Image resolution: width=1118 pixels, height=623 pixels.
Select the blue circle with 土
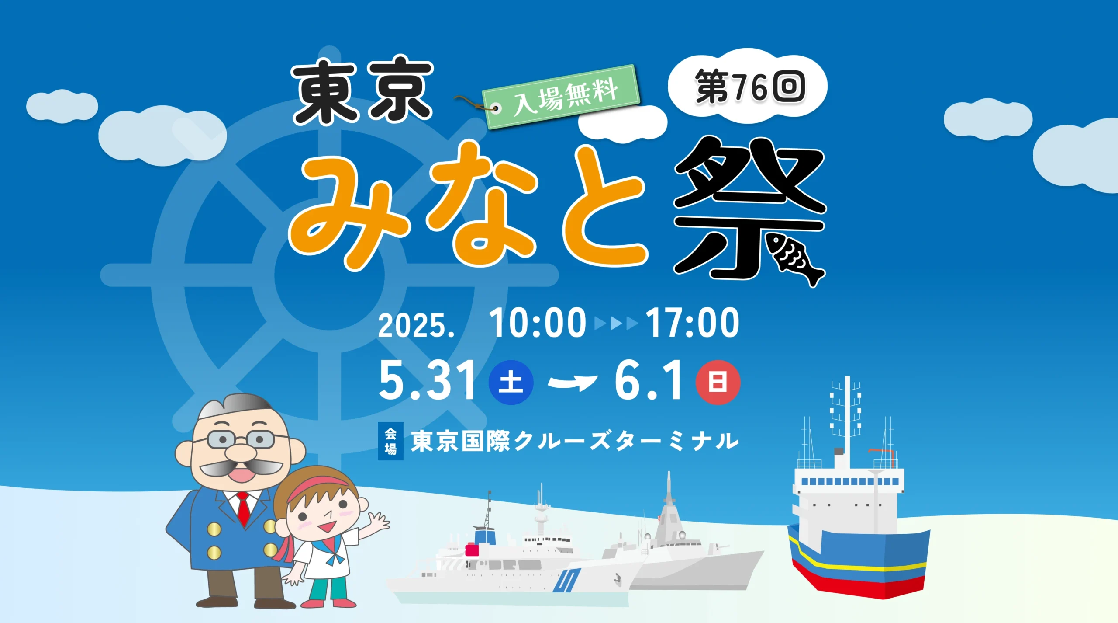point(511,382)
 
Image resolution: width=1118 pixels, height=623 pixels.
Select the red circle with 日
point(718,382)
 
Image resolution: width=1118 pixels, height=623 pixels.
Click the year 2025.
point(416,326)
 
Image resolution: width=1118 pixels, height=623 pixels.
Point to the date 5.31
point(428,380)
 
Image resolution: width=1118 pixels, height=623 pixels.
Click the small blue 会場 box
point(390,441)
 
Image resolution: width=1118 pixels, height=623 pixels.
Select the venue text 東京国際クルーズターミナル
point(575,441)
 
